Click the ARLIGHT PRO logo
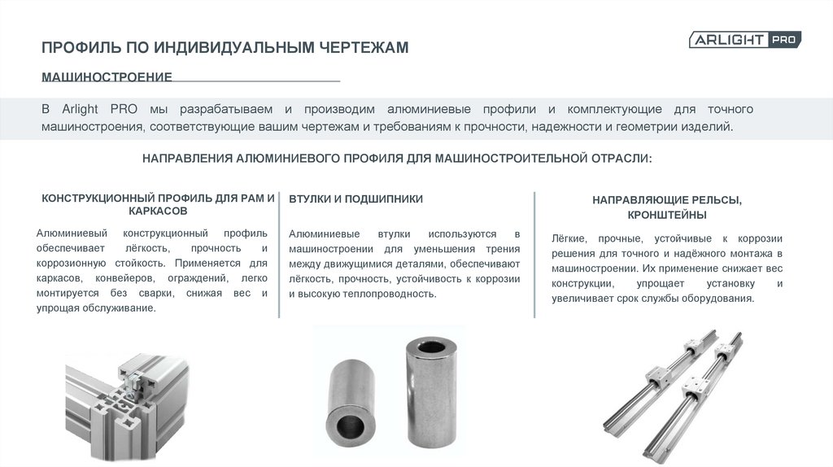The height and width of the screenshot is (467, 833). pos(745,39)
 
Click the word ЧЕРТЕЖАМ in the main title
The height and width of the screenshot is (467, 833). pos(364,47)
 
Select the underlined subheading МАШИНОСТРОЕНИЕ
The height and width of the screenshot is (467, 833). pos(107,76)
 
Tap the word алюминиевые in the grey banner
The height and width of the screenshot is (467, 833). pos(429,109)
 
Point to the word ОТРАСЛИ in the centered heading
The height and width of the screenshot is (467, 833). pos(621,159)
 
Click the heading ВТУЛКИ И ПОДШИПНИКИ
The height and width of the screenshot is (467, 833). pos(356,199)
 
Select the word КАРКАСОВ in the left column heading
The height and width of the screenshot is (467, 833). pos(158,211)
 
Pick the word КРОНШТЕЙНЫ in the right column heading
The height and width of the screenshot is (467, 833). pos(667,215)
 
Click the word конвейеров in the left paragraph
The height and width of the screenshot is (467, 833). pos(124,278)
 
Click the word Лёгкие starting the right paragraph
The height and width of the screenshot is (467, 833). pos(569,238)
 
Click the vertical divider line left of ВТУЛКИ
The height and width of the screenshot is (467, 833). pos(279,255)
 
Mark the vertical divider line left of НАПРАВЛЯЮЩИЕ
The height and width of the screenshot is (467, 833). pos(534,255)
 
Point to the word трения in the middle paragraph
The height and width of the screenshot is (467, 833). pos(503,249)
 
